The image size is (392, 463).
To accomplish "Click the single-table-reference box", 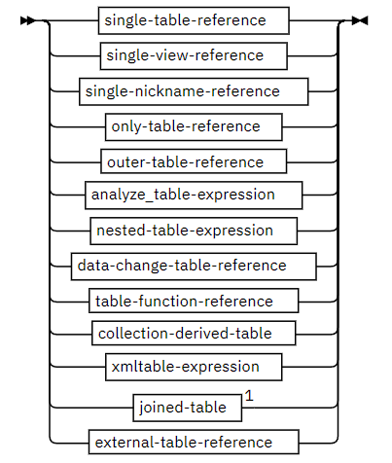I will point(196,18).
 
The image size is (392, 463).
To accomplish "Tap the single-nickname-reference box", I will point(194,91).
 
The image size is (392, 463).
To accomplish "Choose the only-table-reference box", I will point(194,126).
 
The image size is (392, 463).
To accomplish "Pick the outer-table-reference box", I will point(194,161).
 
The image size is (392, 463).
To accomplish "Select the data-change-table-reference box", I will point(194,266).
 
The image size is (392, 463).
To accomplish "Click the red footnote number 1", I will point(248,396).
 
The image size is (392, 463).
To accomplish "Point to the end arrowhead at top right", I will point(360,19).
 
